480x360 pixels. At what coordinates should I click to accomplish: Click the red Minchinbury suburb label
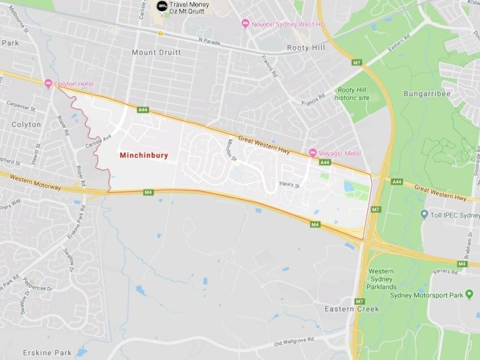click(144, 155)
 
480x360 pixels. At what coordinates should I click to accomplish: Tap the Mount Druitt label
click(156, 53)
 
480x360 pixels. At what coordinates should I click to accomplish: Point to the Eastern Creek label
click(352, 309)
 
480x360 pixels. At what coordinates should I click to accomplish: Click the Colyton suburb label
click(26, 125)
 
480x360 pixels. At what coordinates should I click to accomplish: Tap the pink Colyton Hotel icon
click(48, 84)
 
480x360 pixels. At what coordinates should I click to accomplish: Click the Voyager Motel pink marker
click(313, 153)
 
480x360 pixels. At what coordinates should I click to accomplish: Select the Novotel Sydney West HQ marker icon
click(245, 23)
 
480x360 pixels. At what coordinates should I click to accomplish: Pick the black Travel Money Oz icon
click(161, 6)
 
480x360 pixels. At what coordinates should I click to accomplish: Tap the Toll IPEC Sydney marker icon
click(424, 214)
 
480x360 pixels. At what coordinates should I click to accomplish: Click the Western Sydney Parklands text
click(380, 279)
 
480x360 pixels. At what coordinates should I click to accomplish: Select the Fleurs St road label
click(289, 185)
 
